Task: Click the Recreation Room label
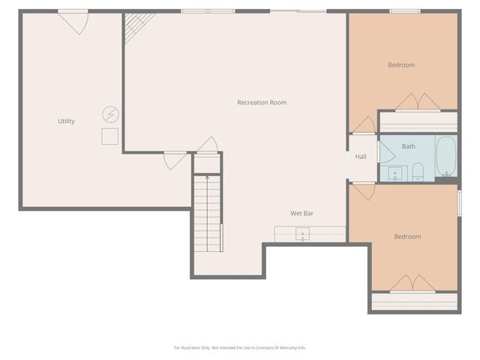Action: click(262, 103)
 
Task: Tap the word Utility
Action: click(66, 121)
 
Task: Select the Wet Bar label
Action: click(302, 214)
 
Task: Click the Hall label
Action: click(361, 157)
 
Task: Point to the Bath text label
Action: click(408, 146)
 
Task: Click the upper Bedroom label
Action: click(400, 65)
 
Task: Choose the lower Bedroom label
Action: click(407, 237)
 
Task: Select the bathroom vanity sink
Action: click(394, 175)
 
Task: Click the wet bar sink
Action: click(302, 234)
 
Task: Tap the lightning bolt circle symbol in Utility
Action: click(110, 114)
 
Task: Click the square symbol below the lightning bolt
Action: click(110, 136)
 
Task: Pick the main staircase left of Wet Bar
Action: click(208, 214)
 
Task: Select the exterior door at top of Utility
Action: click(73, 21)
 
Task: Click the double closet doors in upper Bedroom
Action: click(418, 103)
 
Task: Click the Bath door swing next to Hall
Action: click(385, 152)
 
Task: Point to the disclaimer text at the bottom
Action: click(240, 347)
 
